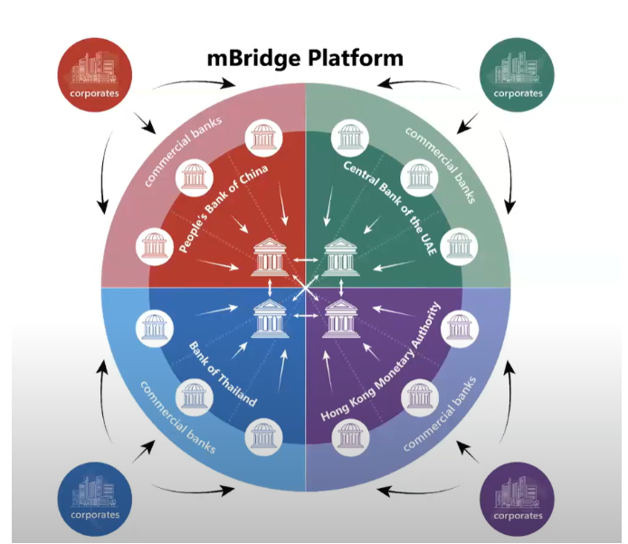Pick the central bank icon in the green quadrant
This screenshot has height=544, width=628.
click(x=340, y=257)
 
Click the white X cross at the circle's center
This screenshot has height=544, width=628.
click(x=306, y=288)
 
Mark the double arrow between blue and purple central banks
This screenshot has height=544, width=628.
click(x=306, y=317)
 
